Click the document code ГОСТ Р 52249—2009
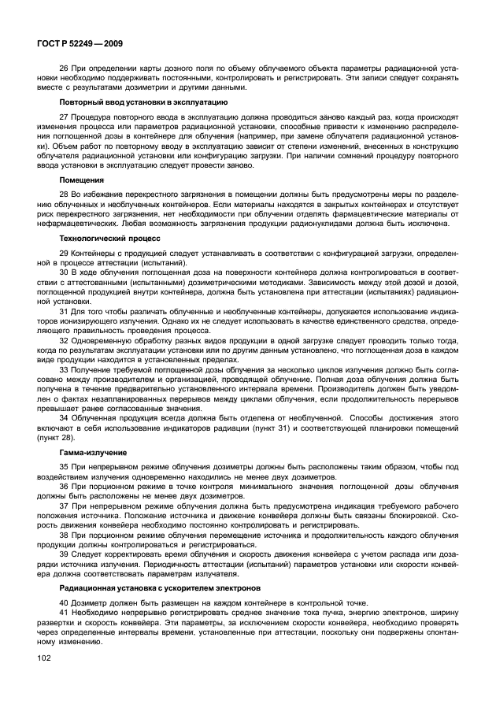tap(78, 44)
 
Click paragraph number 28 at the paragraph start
tap(64, 194)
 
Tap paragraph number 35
tap(64, 468)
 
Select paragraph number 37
tap(64, 506)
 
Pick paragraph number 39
tap(64, 553)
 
